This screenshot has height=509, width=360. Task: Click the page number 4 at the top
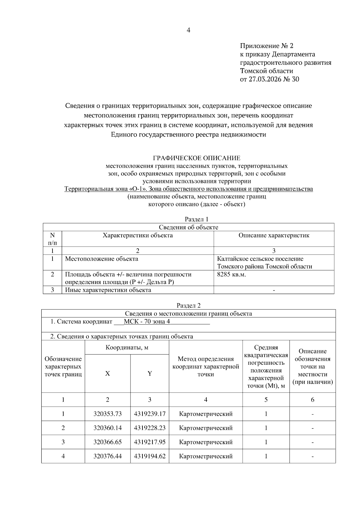pyautogui.click(x=188, y=30)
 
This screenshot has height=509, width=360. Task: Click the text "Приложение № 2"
pyautogui.click(x=266, y=46)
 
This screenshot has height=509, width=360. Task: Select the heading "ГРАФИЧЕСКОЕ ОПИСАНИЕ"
pyautogui.click(x=196, y=158)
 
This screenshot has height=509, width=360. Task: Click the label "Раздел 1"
pyautogui.click(x=196, y=220)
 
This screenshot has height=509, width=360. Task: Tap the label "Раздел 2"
pyautogui.click(x=188, y=306)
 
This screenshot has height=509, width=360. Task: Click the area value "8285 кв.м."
pyautogui.click(x=231, y=274)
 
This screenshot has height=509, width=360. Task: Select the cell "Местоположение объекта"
pyautogui.click(x=102, y=259)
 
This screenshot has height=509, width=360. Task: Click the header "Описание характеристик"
pyautogui.click(x=274, y=235)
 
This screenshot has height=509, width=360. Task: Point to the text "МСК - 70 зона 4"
pyautogui.click(x=147, y=322)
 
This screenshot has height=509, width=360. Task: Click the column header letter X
pyautogui.click(x=107, y=373)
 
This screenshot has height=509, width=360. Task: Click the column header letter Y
pyautogui.click(x=149, y=373)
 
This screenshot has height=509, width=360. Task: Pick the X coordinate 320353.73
pyautogui.click(x=107, y=414)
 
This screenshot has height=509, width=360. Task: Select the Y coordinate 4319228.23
pyautogui.click(x=149, y=428)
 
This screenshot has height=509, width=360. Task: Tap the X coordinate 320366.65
pyautogui.click(x=107, y=442)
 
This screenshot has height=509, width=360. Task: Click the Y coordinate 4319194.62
pyautogui.click(x=149, y=456)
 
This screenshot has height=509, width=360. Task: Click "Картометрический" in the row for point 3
pyautogui.click(x=205, y=442)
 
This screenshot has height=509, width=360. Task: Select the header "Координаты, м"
pyautogui.click(x=127, y=348)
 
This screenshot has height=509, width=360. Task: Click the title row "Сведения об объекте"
pyautogui.click(x=188, y=227)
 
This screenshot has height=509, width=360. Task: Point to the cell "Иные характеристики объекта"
pyautogui.click(x=108, y=290)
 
